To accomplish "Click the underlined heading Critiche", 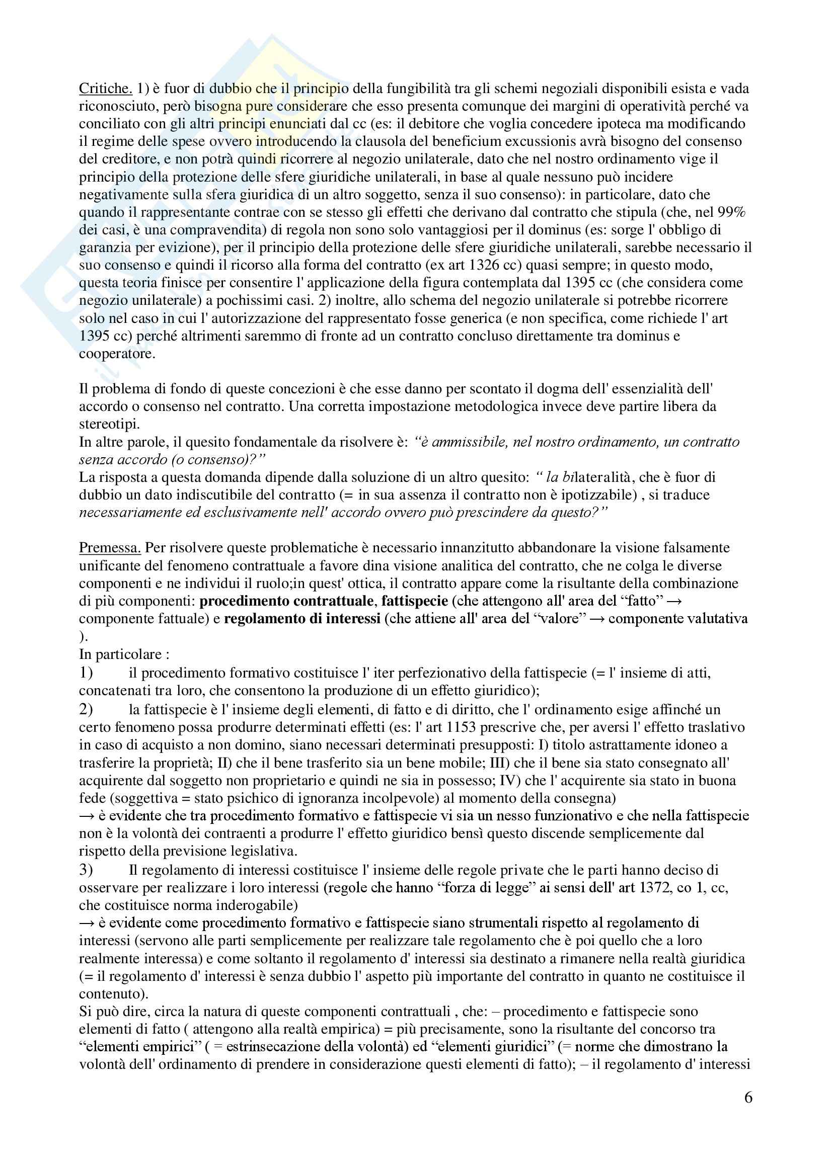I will pos(106,89).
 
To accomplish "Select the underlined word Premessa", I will pos(110,548).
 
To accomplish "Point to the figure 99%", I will pos(731,212).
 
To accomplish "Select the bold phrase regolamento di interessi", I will pos(302,619).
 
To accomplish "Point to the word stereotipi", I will pos(109,424).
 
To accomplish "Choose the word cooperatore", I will pos(116,354).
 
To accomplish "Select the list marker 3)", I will pos(86,870).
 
